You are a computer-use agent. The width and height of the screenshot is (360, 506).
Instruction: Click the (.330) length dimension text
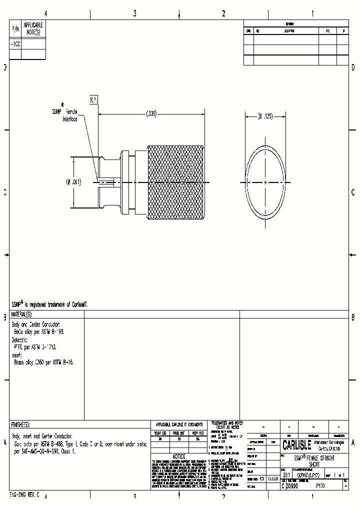click(x=151, y=114)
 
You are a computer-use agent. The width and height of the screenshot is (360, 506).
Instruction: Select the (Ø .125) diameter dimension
click(x=265, y=116)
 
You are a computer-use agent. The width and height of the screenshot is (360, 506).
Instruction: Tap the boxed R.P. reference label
click(x=93, y=100)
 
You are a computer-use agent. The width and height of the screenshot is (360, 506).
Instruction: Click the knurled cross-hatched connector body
click(x=175, y=183)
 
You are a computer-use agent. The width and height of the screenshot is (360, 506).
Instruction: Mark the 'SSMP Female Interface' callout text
click(x=70, y=116)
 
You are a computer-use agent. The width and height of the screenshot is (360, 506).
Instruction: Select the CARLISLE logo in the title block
click(x=296, y=445)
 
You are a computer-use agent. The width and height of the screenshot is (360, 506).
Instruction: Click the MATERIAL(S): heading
click(x=21, y=314)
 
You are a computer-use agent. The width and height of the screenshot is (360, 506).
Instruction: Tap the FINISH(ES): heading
click(x=20, y=424)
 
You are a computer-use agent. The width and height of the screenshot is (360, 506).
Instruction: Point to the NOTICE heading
click(x=178, y=456)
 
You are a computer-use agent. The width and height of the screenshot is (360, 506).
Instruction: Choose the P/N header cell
click(x=15, y=30)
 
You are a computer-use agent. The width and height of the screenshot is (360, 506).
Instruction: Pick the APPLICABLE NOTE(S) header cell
click(x=33, y=28)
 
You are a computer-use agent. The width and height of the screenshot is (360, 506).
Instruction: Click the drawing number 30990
click(x=292, y=485)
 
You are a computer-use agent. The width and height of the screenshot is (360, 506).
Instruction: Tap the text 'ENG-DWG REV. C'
click(x=24, y=494)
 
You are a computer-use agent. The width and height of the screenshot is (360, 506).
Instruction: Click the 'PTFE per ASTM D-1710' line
click(x=34, y=346)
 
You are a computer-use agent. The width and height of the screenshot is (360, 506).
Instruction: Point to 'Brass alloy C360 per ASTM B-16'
click(x=43, y=362)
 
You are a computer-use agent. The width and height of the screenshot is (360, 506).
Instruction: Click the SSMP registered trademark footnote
click(x=49, y=304)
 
